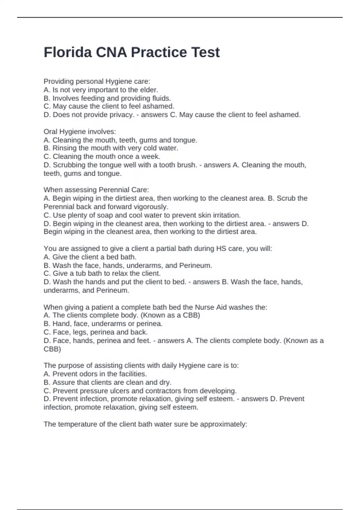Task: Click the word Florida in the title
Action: coord(68,52)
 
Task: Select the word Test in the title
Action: coord(205,52)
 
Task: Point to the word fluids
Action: coord(162,98)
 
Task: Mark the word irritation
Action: coord(226,215)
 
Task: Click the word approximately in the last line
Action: coord(223,424)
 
